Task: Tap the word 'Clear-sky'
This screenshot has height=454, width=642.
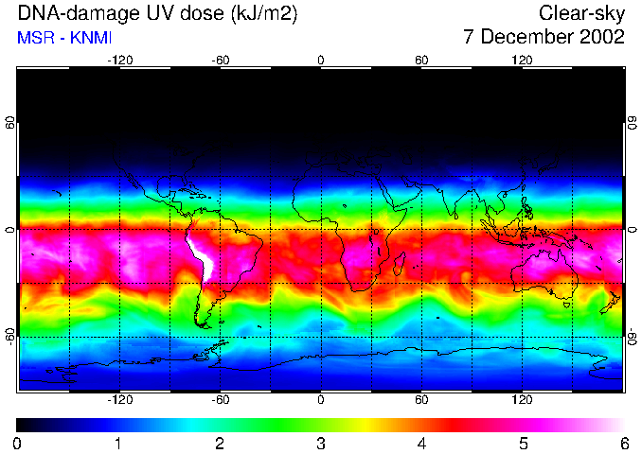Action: tap(581, 13)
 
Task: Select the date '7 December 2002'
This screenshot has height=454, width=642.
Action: tap(544, 38)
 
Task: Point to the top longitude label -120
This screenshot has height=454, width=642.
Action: tap(119, 60)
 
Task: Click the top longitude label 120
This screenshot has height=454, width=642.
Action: tap(522, 60)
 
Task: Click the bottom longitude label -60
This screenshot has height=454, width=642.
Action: tap(220, 399)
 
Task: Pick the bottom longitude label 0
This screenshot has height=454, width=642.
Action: tap(321, 399)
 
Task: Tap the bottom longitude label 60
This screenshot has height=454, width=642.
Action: tap(421, 399)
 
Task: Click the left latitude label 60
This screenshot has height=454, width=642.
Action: tap(9, 123)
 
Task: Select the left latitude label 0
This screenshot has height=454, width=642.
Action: tap(9, 230)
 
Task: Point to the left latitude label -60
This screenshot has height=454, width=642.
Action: tap(9, 337)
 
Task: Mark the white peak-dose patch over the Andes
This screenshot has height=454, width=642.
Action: tap(199, 255)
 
